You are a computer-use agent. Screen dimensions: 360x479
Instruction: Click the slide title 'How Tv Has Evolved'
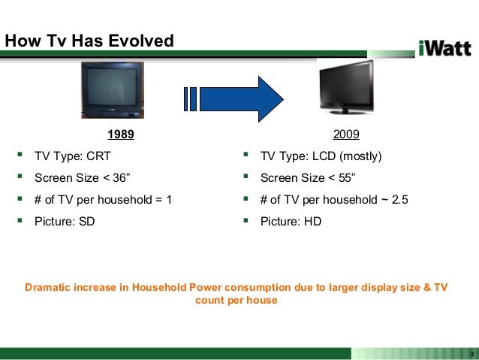click(x=89, y=41)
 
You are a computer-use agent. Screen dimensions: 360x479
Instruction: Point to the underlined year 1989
click(x=120, y=135)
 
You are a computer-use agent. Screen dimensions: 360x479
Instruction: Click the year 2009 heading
click(x=345, y=135)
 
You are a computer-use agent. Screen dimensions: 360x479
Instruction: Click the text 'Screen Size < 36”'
click(x=83, y=179)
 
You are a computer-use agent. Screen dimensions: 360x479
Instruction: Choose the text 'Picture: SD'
click(x=65, y=222)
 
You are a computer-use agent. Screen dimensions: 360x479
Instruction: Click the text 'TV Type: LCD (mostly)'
click(x=321, y=157)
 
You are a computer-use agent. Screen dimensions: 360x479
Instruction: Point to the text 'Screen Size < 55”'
click(x=308, y=179)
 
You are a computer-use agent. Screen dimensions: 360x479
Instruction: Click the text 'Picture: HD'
click(x=291, y=222)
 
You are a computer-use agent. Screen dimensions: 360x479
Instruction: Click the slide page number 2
click(x=471, y=354)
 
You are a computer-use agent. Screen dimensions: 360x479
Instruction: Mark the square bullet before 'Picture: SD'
click(x=18, y=221)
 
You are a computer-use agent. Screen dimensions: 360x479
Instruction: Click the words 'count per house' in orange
click(x=236, y=301)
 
